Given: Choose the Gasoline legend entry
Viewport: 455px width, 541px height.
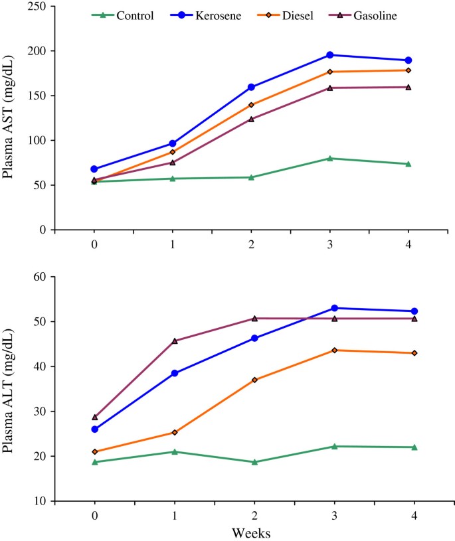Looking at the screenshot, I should point(375,15).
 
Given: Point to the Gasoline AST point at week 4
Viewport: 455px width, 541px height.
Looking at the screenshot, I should point(409,87).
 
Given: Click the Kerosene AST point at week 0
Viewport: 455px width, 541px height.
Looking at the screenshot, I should point(94,169).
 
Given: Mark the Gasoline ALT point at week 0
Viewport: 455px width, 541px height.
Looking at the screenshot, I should point(94,418).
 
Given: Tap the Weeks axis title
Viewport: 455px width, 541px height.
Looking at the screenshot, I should point(252,532).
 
